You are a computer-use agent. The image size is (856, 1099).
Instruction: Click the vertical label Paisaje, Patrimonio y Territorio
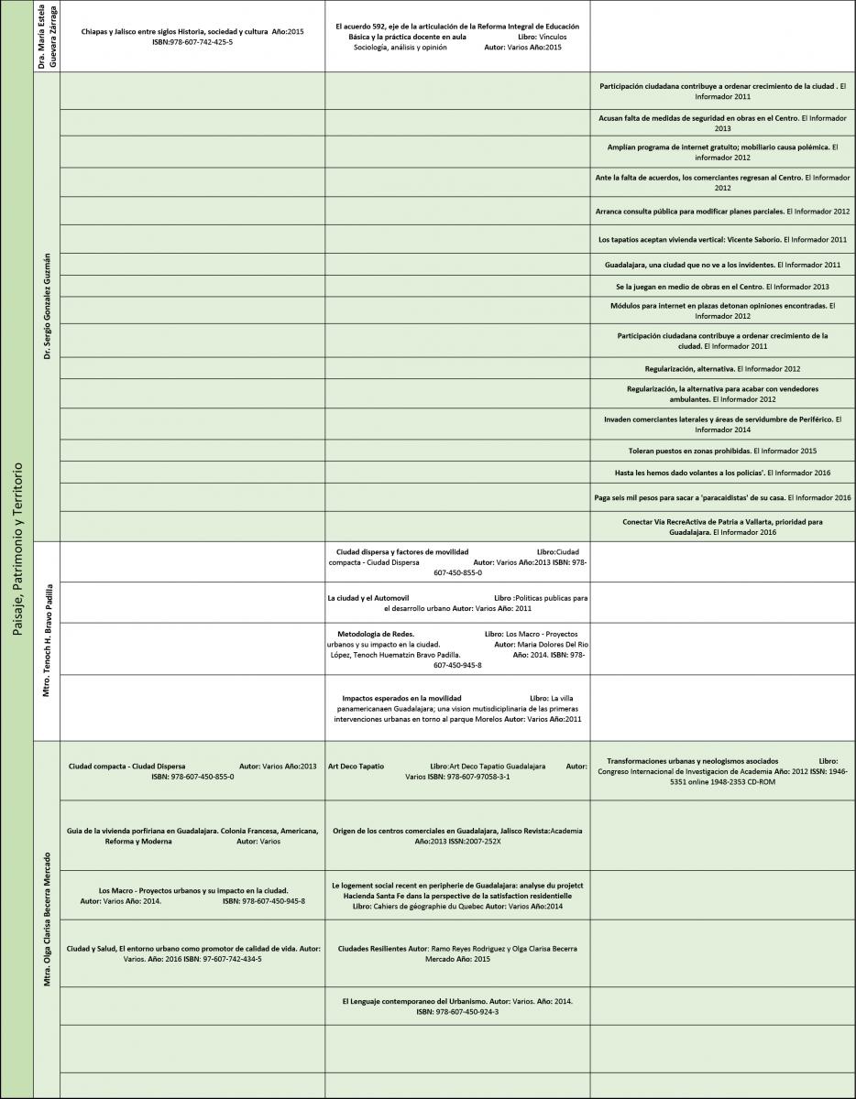click(x=17, y=549)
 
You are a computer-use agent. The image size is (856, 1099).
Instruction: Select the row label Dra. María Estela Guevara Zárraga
click(x=46, y=36)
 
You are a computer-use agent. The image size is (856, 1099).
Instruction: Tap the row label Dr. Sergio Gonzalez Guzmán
click(x=46, y=306)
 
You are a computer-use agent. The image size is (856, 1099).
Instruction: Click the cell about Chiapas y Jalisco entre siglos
click(x=192, y=37)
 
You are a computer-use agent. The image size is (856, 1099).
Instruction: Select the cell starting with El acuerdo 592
click(x=457, y=37)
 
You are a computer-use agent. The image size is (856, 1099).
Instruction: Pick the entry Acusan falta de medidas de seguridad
click(x=723, y=123)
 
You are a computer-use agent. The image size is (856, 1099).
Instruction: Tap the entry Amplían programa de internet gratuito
click(x=723, y=151)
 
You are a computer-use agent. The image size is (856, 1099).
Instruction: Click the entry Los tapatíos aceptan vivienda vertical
click(x=723, y=239)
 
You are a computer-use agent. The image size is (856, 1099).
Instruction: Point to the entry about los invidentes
click(x=723, y=265)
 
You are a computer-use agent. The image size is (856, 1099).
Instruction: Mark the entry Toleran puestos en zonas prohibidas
click(x=723, y=451)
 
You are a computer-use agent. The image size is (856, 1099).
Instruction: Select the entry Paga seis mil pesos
click(x=723, y=496)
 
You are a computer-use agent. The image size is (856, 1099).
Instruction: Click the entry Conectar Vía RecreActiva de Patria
click(x=723, y=526)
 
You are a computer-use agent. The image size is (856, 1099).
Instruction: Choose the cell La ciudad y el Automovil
click(x=457, y=603)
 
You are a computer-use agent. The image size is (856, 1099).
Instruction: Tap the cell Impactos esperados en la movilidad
click(x=457, y=708)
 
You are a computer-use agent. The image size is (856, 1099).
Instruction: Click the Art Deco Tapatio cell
click(x=457, y=770)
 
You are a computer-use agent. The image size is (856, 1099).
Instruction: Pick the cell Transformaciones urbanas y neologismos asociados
click(x=723, y=770)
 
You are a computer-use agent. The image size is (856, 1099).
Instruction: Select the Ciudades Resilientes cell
click(x=457, y=953)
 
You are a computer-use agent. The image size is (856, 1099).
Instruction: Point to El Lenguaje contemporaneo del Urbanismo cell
click(x=457, y=1007)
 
